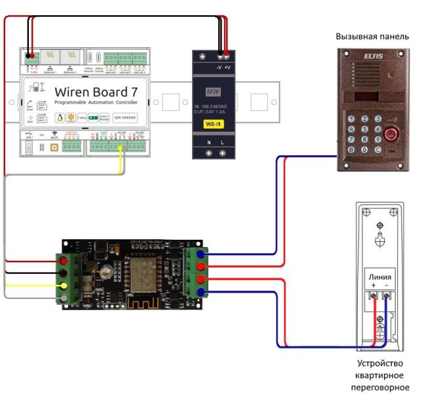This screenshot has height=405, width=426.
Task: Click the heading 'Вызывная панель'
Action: pyautogui.click(x=372, y=37)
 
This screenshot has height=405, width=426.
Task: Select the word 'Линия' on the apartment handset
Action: pyautogui.click(x=380, y=276)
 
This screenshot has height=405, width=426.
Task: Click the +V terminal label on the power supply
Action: pyautogui.click(x=227, y=68)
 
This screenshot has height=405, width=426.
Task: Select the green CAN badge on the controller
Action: pyautogui.click(x=94, y=118)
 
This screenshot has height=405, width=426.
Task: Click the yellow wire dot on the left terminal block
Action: pyautogui.click(x=64, y=286)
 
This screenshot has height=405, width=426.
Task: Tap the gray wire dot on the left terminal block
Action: pyautogui.click(x=64, y=299)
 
